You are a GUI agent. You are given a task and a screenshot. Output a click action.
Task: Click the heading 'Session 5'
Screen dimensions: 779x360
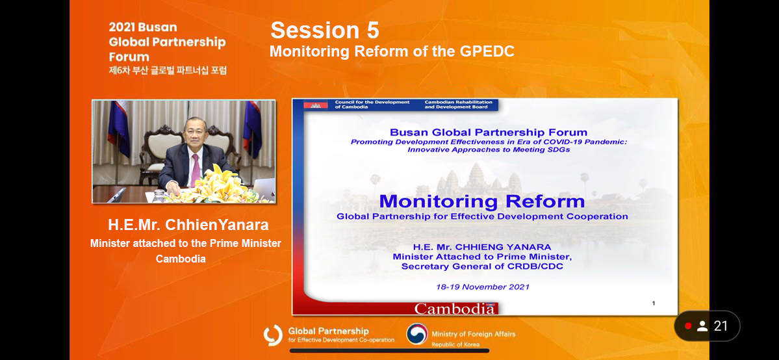coord(325,31)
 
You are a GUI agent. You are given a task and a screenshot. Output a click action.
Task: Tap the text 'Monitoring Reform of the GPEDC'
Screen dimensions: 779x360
coord(392,51)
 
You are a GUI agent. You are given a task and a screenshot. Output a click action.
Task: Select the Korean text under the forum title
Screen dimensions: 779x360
coord(168,71)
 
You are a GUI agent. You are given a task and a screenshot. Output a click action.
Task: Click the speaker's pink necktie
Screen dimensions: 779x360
coord(196,169)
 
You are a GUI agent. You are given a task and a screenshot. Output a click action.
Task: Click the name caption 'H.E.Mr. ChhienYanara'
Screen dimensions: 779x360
coord(188,225)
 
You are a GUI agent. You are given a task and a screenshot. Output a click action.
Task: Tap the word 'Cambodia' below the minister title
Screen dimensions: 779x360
coord(181,259)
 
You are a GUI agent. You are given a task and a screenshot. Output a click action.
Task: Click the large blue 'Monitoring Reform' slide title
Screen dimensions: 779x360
coord(482,201)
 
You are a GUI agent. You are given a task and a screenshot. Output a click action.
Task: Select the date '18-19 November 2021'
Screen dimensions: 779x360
coord(482,287)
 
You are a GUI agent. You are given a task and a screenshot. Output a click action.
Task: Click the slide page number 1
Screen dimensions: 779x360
coord(654,303)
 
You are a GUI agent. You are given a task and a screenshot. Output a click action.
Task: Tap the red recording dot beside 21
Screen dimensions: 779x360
coord(688,326)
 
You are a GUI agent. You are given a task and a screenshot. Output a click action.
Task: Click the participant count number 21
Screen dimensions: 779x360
coord(721,326)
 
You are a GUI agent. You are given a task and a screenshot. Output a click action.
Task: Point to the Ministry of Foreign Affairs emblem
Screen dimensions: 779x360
coord(417,334)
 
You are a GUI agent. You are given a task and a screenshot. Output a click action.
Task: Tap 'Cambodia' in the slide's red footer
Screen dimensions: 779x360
coord(455,309)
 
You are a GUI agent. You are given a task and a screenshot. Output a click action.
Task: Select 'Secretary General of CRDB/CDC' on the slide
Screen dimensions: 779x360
coord(482,266)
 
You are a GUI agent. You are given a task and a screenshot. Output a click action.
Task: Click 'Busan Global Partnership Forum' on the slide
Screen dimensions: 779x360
coord(489,133)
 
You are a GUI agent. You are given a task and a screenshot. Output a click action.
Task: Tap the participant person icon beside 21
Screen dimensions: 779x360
coord(702,326)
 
